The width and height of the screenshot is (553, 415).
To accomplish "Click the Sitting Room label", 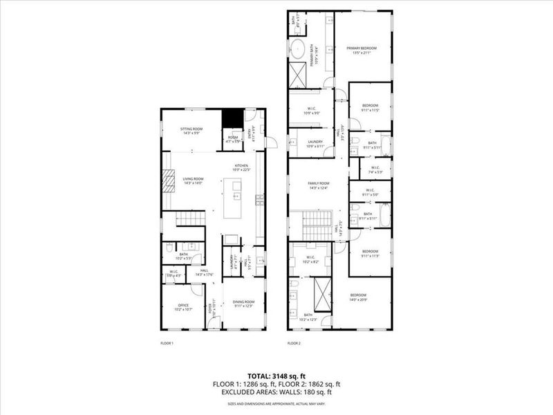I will (x=191, y=129).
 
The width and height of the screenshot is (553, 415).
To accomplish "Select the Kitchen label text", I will (x=241, y=166).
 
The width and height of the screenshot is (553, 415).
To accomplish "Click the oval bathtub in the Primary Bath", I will (x=298, y=49).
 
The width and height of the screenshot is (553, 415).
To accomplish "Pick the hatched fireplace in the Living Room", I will (x=168, y=181).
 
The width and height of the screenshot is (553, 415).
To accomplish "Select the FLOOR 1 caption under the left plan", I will (x=167, y=343).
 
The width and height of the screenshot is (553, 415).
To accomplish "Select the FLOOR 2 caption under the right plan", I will (x=294, y=343).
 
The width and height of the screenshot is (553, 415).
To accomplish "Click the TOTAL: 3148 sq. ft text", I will (x=276, y=368).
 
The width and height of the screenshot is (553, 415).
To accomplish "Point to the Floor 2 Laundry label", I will (x=315, y=141).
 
